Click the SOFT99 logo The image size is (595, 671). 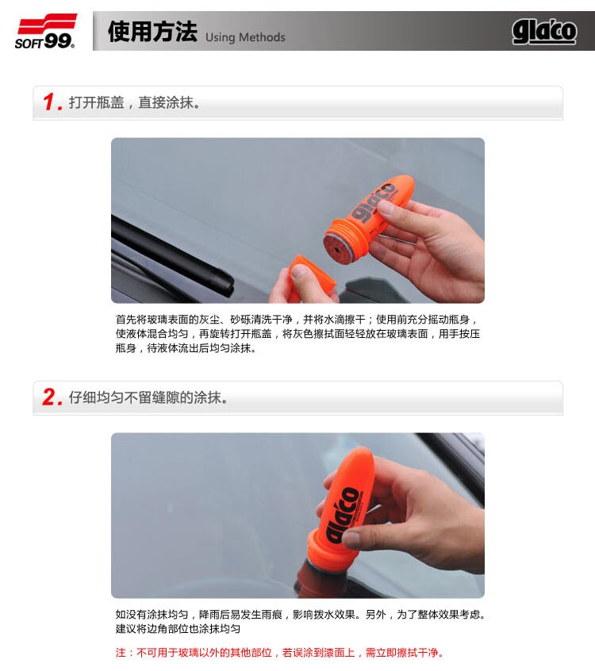pyautogui.click(x=46, y=31)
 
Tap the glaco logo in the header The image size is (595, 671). pyautogui.click(x=544, y=32)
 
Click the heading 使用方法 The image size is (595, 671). pyautogui.click(x=152, y=31)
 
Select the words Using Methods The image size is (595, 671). pyautogui.click(x=245, y=37)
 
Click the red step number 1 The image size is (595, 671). pyautogui.click(x=52, y=102)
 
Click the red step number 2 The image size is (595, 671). pyautogui.click(x=52, y=397)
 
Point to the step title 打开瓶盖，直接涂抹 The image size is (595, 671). pyautogui.click(x=134, y=102)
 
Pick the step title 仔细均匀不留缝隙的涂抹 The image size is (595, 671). pyautogui.click(x=148, y=397)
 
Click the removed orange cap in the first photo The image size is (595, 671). pyautogui.click(x=313, y=274)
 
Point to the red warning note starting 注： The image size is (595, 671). pyautogui.click(x=280, y=653)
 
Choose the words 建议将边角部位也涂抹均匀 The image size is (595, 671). pyautogui.click(x=178, y=629)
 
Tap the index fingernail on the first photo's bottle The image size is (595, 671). pyautogui.click(x=386, y=208)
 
